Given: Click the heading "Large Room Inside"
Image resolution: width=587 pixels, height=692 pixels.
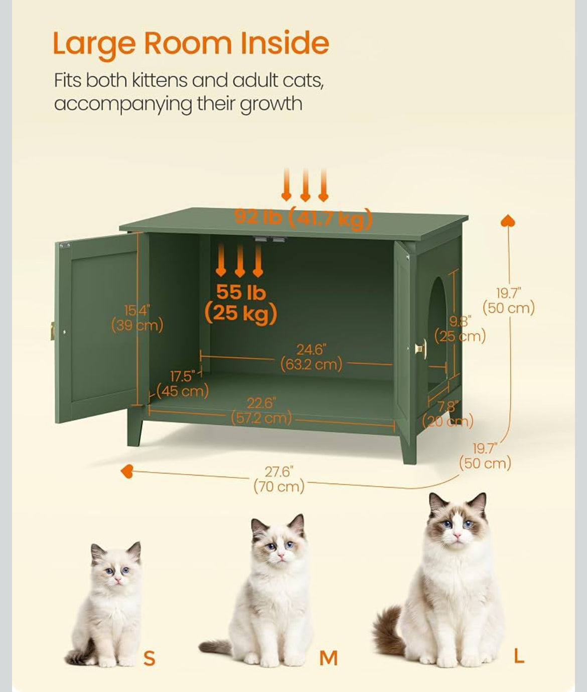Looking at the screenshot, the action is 191,44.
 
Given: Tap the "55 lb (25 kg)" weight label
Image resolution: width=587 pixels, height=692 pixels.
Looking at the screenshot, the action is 241,303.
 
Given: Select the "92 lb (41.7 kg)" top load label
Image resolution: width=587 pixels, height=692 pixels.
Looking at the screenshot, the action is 303,218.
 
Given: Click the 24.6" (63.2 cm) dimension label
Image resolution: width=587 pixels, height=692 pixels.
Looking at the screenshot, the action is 312,357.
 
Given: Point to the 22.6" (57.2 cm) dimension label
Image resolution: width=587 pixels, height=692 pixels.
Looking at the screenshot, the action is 261,411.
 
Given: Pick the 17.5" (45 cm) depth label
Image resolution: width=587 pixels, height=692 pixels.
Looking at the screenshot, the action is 183,384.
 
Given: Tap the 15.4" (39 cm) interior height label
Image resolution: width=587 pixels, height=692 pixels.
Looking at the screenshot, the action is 137,318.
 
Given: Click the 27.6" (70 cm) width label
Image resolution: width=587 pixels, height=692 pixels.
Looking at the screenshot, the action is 279,480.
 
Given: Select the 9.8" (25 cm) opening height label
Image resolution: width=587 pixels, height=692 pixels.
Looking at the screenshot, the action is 460,329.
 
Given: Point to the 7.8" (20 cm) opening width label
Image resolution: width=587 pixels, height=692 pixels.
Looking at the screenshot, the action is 448,414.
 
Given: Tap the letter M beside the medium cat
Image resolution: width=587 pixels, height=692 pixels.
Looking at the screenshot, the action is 328,658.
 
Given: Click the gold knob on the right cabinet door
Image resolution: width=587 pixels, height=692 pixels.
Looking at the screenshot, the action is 421,349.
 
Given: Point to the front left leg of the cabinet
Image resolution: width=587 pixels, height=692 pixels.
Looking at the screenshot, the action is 135,431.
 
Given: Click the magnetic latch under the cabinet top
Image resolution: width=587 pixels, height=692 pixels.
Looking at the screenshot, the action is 270,239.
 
